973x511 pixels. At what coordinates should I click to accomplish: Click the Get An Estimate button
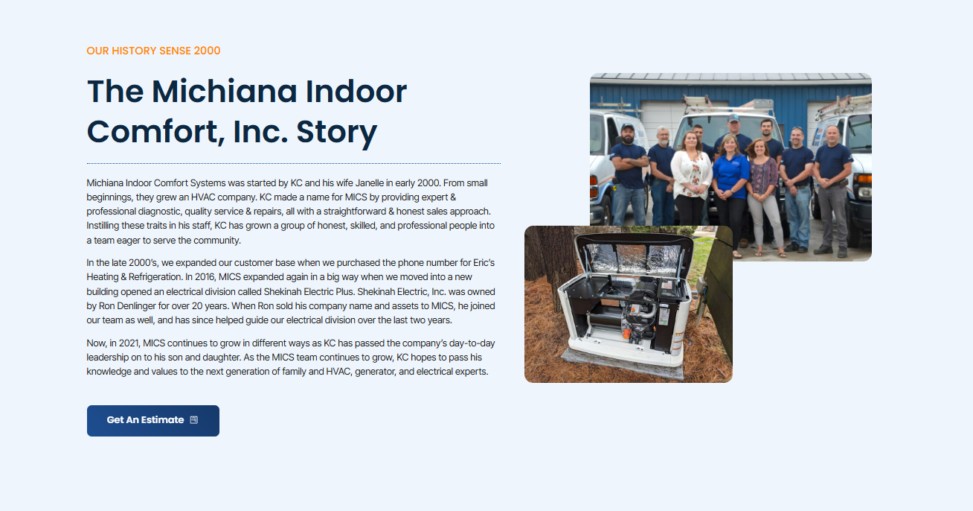point(153,421)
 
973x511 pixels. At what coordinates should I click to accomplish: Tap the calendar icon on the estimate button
point(193,419)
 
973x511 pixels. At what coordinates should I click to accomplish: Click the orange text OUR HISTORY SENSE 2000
point(153,51)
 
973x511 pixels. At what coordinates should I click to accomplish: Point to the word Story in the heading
point(337,132)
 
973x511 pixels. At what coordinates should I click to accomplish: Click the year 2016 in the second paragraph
point(205,277)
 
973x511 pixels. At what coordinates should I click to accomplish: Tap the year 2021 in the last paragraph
point(129,343)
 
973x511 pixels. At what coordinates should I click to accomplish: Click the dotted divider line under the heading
point(294,164)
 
